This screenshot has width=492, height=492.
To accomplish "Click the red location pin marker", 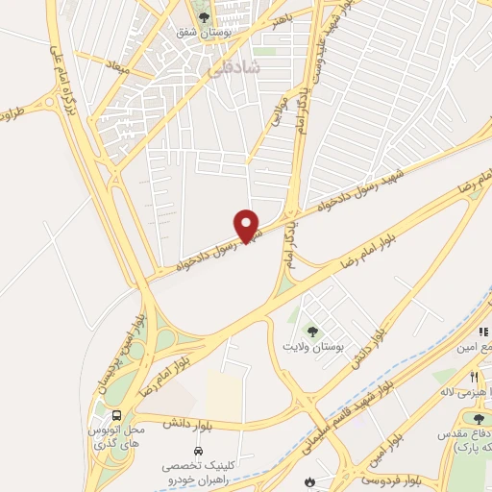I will tap(247, 225).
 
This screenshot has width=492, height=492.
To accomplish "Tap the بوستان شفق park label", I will tap(199, 32).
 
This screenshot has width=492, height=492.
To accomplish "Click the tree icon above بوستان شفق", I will tap(201, 15).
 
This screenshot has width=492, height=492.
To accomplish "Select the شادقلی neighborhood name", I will tap(234, 67).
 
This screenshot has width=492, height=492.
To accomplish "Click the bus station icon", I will tap(117, 415).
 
